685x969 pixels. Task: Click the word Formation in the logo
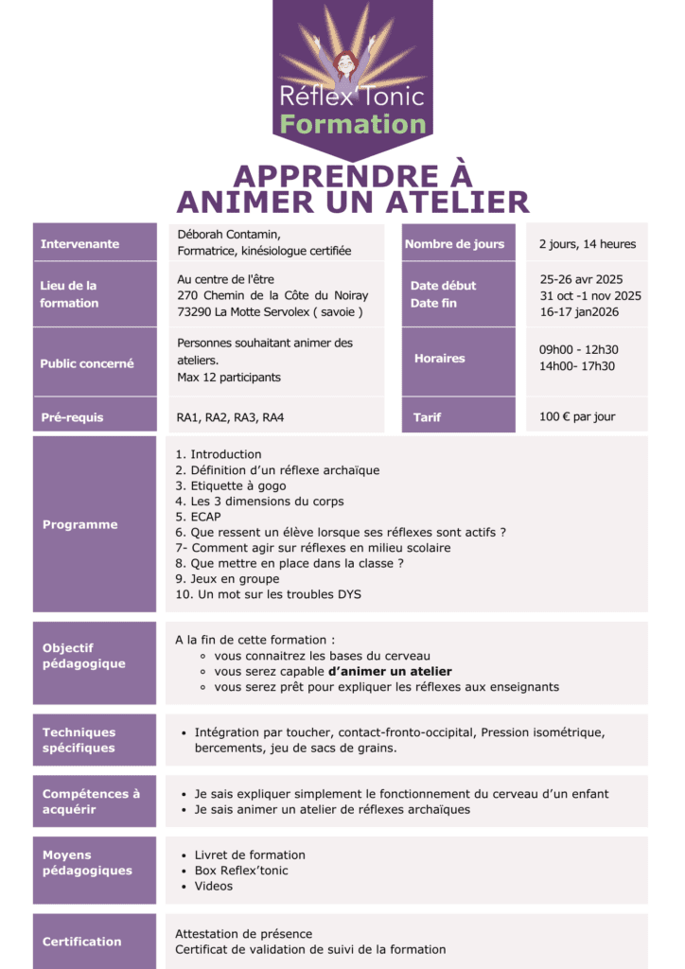[354, 124]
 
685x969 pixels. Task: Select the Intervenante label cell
[94, 243]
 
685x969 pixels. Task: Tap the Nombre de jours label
[455, 243]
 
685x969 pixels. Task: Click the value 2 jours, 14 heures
[588, 244]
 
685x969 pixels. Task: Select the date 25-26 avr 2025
[581, 279]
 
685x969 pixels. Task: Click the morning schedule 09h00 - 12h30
[579, 349]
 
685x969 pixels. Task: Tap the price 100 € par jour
[577, 416]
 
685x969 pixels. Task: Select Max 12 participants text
[230, 378]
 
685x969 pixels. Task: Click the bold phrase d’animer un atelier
[390, 671]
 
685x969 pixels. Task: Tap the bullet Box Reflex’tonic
[241, 870]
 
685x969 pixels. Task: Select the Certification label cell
[94, 941]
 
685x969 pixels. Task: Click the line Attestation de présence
[243, 933]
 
